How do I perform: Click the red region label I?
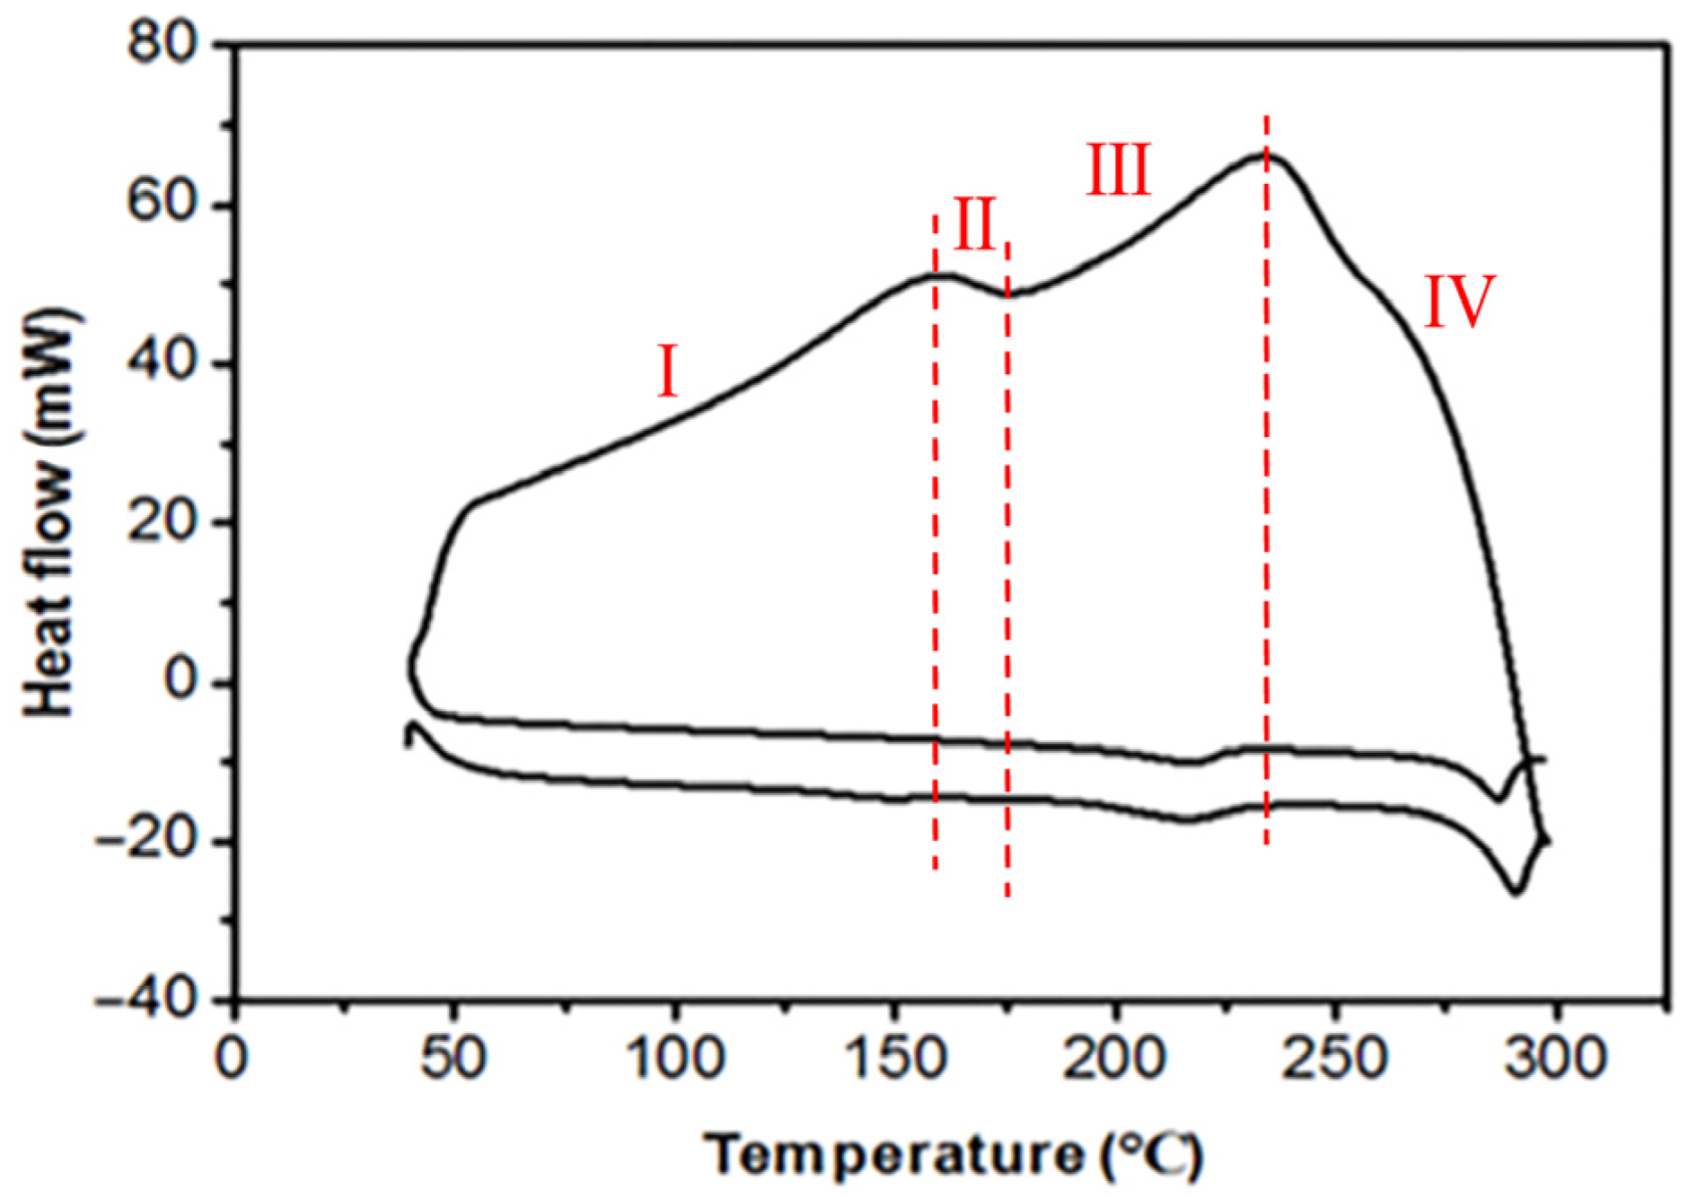pos(667,372)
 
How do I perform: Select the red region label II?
pos(974,224)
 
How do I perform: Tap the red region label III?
pos(1119,170)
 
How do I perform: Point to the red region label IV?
pos(1460,302)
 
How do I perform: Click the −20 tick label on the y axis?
pos(148,842)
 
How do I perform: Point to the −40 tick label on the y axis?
pos(148,1000)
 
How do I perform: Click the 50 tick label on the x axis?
pos(453,1059)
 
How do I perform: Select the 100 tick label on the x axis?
pos(673,1059)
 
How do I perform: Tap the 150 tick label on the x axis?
pos(894,1059)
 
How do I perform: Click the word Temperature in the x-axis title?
pos(893,1154)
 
